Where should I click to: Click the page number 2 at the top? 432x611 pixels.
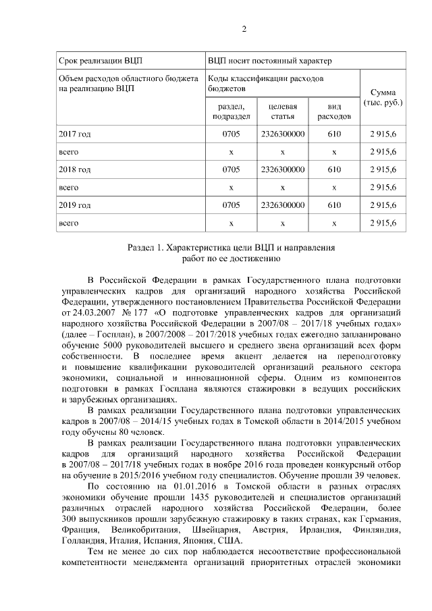point(244,28)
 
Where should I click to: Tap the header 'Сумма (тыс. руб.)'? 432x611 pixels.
point(383,98)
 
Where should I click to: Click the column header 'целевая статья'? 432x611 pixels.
point(283,111)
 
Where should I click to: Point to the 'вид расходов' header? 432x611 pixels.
point(334,111)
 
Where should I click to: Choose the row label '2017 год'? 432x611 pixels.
point(75,134)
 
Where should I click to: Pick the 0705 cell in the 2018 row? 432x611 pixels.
point(231,169)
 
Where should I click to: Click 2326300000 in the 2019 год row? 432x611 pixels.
point(283,205)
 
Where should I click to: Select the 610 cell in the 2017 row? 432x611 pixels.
point(334,134)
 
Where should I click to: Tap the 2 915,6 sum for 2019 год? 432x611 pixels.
point(383,205)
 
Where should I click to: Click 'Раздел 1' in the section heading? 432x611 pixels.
point(146,248)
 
